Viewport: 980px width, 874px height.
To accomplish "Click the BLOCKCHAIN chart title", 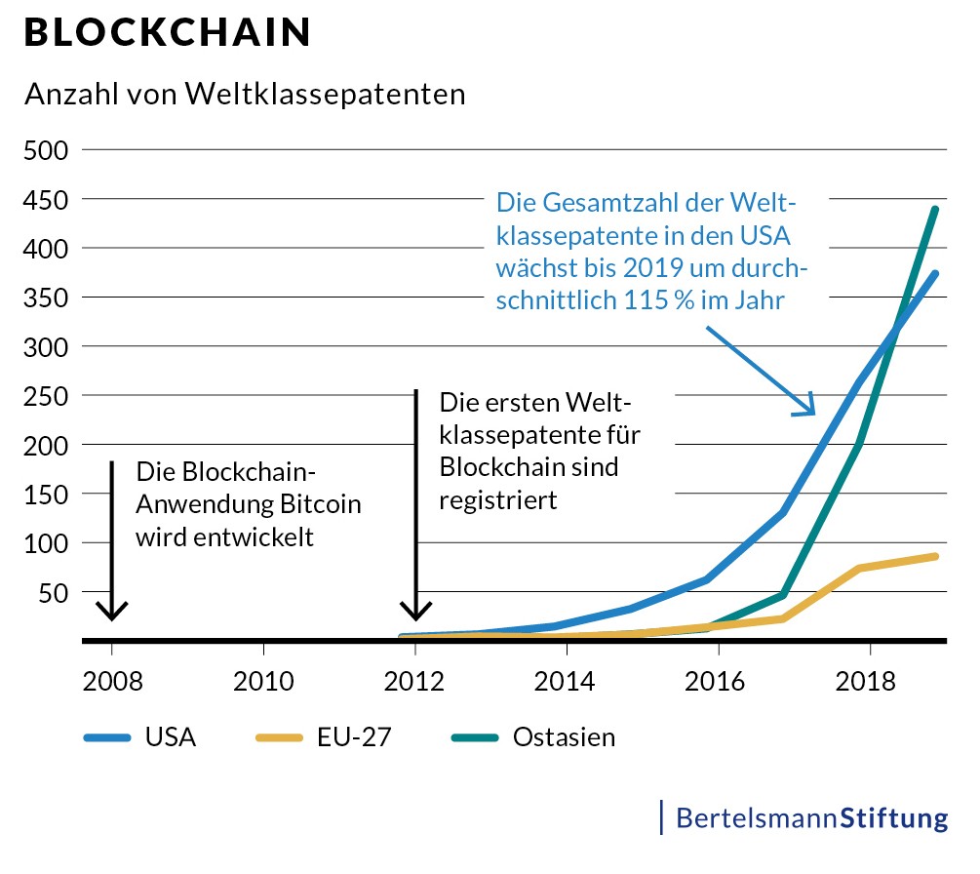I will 167,33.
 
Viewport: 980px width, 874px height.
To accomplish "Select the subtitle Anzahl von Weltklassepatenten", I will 245,95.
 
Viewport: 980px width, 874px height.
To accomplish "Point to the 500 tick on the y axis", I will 46,150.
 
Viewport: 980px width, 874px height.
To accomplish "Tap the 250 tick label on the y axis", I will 46,396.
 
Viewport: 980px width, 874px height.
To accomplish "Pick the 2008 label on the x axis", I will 112,680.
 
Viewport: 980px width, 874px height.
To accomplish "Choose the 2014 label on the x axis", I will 566,680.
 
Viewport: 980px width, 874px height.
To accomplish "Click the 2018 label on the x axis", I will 868,680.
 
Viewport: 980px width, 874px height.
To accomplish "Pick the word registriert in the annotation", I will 498,500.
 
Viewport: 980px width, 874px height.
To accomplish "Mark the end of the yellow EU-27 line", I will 936,556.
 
